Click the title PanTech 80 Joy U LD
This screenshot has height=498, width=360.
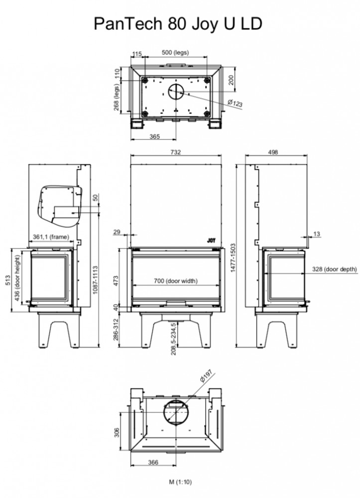click(x=178, y=24)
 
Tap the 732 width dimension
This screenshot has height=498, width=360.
click(x=176, y=152)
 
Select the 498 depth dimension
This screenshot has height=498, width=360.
click(x=273, y=152)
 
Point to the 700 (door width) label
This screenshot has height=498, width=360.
click(x=176, y=281)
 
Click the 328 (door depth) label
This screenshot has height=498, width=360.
click(x=334, y=269)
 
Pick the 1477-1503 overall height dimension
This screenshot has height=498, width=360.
click(x=234, y=257)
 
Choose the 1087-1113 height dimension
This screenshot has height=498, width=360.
click(x=95, y=280)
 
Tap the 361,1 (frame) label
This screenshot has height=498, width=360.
click(x=51, y=237)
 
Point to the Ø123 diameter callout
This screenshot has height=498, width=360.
click(x=235, y=103)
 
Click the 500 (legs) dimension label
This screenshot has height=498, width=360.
click(x=175, y=52)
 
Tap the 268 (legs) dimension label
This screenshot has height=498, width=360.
click(x=117, y=97)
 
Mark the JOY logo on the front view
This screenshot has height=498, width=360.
click(x=211, y=241)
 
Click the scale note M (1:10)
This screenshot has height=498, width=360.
click(x=180, y=482)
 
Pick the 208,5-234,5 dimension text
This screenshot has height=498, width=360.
click(x=173, y=339)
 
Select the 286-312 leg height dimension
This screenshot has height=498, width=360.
click(x=116, y=329)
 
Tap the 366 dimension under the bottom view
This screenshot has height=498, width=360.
click(x=153, y=463)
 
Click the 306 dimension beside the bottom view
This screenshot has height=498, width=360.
click(x=117, y=432)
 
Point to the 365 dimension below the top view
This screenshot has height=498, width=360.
click(x=154, y=136)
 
